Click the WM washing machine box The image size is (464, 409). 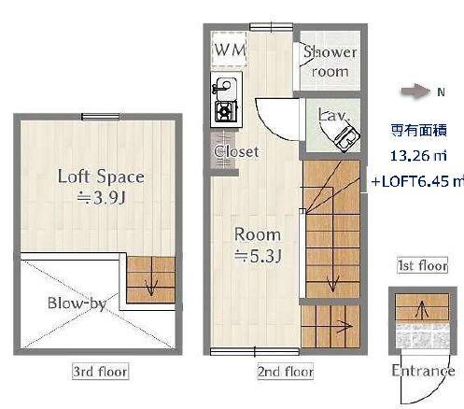230,50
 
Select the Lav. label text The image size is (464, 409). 333,115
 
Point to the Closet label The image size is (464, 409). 235,151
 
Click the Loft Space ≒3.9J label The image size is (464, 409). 100,186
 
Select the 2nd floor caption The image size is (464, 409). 285,372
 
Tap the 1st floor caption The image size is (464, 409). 422,266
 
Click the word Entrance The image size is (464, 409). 423,372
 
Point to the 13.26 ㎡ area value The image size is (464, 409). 415,156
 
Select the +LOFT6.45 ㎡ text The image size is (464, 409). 417,181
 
